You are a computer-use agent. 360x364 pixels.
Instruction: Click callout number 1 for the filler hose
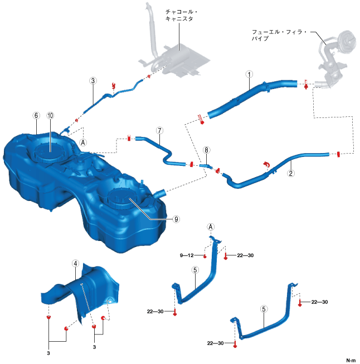(249, 73)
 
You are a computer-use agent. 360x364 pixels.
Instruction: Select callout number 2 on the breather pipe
(290, 173)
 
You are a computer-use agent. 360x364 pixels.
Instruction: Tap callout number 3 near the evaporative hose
(93, 80)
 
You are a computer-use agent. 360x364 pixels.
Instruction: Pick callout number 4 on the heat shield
(75, 262)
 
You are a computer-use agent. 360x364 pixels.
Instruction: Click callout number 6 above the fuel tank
(36, 116)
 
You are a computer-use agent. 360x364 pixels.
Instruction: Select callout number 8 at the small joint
(206, 150)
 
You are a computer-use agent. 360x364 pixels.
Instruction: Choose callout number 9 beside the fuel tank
(176, 219)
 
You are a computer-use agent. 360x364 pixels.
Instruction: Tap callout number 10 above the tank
(50, 116)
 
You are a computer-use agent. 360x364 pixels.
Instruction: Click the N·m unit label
(351, 360)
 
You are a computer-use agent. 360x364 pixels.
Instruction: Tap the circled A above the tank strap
(211, 227)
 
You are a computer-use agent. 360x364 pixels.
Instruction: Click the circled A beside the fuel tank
(84, 142)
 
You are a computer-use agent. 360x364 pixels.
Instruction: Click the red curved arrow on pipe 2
(266, 164)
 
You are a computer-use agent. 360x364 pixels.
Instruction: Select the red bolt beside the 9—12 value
(205, 256)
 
